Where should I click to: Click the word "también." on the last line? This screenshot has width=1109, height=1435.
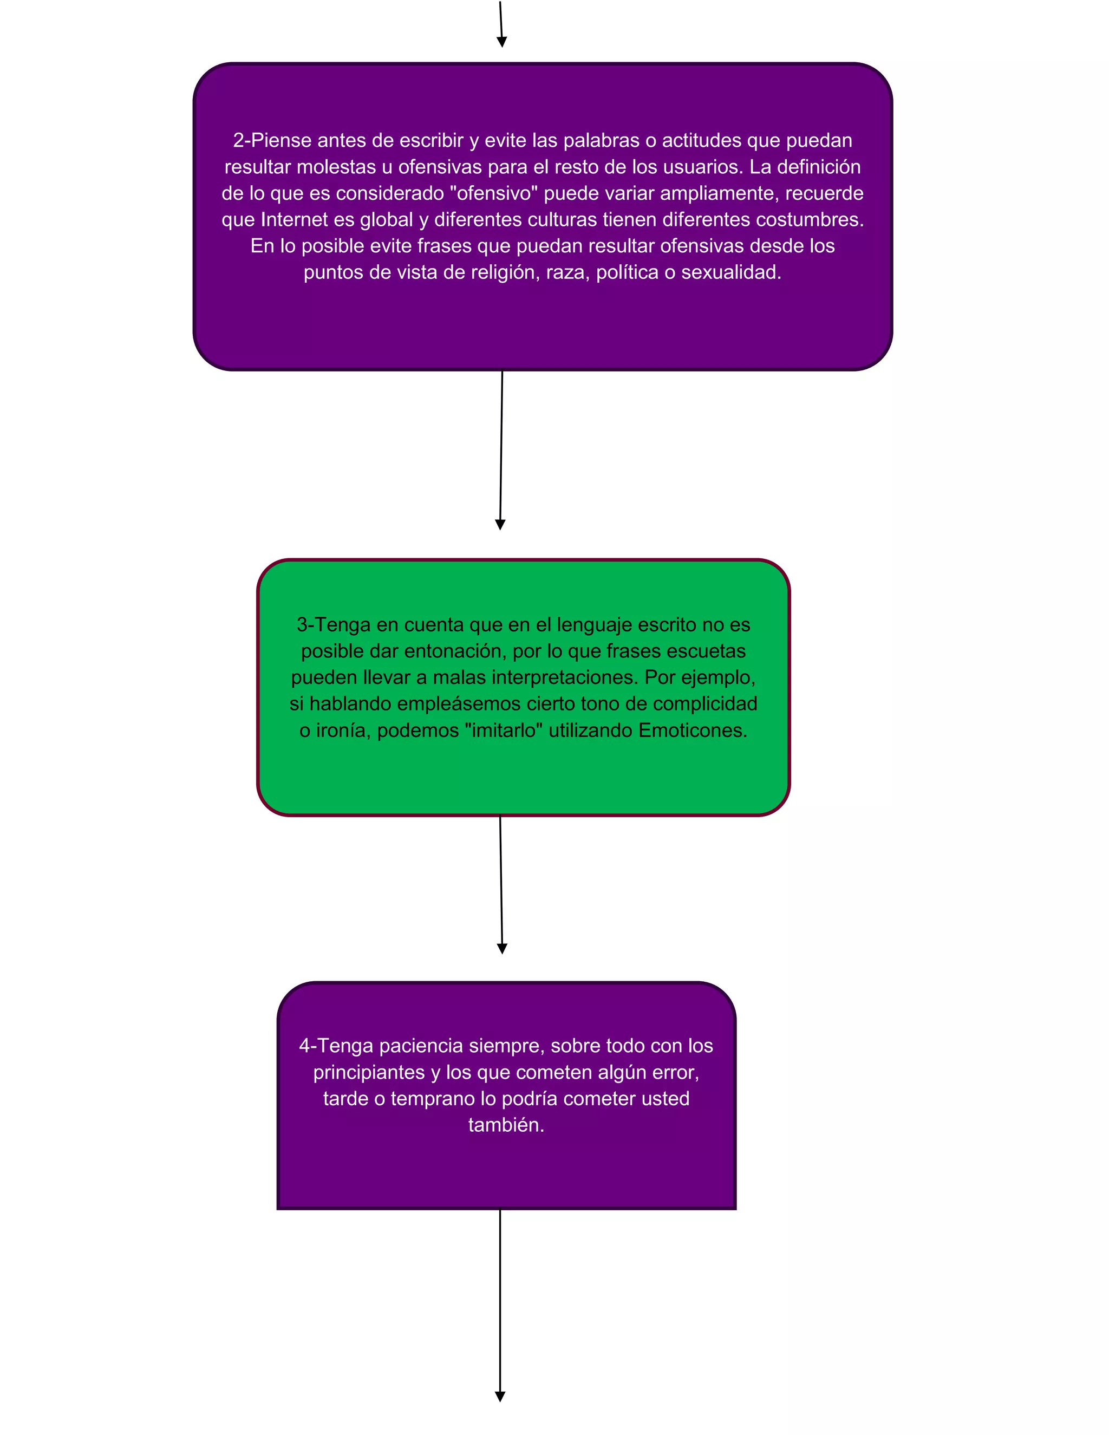[x=506, y=1124]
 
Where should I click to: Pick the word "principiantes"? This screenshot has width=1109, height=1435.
[x=369, y=1072]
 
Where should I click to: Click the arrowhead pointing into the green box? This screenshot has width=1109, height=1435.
[x=500, y=525]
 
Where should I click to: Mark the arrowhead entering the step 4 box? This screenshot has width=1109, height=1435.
[x=502, y=949]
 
